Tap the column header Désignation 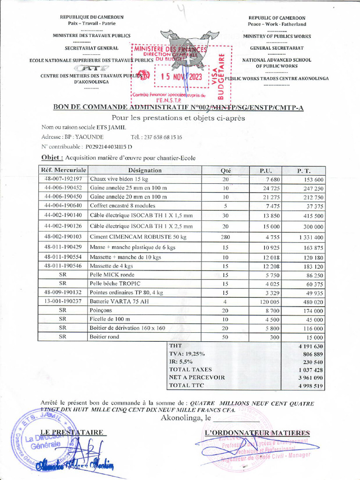tap(145, 171)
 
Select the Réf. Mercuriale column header tap(63, 171)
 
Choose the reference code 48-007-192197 tap(63, 179)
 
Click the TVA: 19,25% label tap(187, 353)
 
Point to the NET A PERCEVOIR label tap(196, 377)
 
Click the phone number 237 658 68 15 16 tap(157, 137)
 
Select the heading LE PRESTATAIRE tap(71, 432)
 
